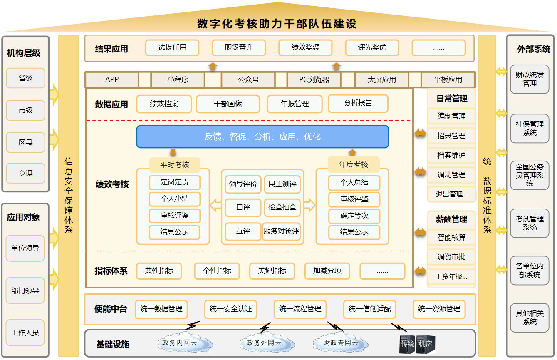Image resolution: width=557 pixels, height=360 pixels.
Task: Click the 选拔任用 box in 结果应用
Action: [172, 47]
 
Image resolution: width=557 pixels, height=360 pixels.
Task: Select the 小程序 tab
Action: [178, 79]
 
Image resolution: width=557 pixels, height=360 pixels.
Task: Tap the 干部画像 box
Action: [228, 104]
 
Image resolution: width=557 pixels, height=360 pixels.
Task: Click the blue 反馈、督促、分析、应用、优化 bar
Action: [262, 137]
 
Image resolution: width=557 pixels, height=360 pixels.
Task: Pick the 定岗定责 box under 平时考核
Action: [175, 182]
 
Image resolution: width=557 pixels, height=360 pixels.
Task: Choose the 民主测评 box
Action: [282, 184]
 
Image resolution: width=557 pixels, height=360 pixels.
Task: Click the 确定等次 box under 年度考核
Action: [354, 216]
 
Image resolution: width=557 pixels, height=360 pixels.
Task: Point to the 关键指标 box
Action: [272, 271]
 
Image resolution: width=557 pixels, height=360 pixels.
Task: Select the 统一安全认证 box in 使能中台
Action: [230, 309]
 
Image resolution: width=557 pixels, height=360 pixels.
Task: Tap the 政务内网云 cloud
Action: [179, 343]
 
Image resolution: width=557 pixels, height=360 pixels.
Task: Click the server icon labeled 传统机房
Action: [416, 344]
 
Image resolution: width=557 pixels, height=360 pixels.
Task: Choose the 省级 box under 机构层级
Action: [25, 78]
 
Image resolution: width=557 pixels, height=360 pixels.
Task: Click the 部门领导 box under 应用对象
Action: [25, 290]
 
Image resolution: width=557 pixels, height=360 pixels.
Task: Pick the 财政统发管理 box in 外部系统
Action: [530, 79]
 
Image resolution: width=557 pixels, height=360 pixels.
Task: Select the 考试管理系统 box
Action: [530, 223]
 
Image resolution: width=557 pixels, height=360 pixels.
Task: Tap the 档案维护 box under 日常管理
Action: [451, 155]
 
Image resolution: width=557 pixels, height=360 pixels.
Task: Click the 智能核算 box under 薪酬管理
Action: [451, 238]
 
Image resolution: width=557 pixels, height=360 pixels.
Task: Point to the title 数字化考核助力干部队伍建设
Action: [277, 24]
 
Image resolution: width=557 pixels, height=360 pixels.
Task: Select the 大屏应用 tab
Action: [381, 79]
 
